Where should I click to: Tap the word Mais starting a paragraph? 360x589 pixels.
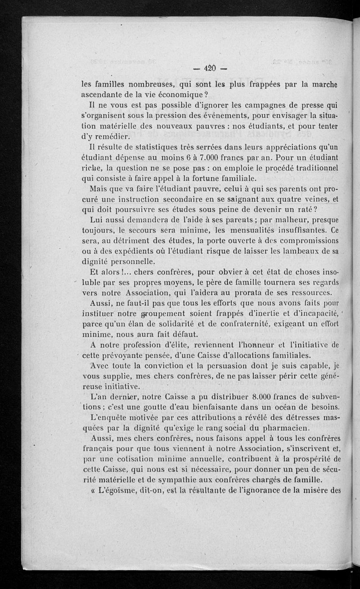[x=99, y=189]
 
